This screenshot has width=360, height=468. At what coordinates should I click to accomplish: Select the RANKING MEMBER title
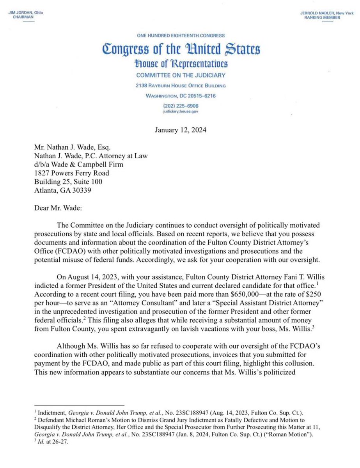pyautogui.click(x=322, y=18)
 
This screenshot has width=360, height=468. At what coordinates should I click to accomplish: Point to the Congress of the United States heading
pyautogui.click(x=181, y=50)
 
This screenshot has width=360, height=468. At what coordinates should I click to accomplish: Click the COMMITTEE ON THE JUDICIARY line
pyautogui.click(x=181, y=75)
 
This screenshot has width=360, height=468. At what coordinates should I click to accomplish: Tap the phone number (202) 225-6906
pyautogui.click(x=181, y=105)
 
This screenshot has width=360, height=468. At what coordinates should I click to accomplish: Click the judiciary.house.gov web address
pyautogui.click(x=181, y=110)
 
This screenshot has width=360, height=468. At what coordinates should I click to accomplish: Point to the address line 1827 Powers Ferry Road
pyautogui.click(x=71, y=173)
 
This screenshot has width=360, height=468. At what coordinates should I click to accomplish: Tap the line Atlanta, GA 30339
pyautogui.click(x=64, y=191)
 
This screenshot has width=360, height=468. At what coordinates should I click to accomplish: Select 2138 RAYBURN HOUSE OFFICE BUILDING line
pyautogui.click(x=181, y=86)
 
